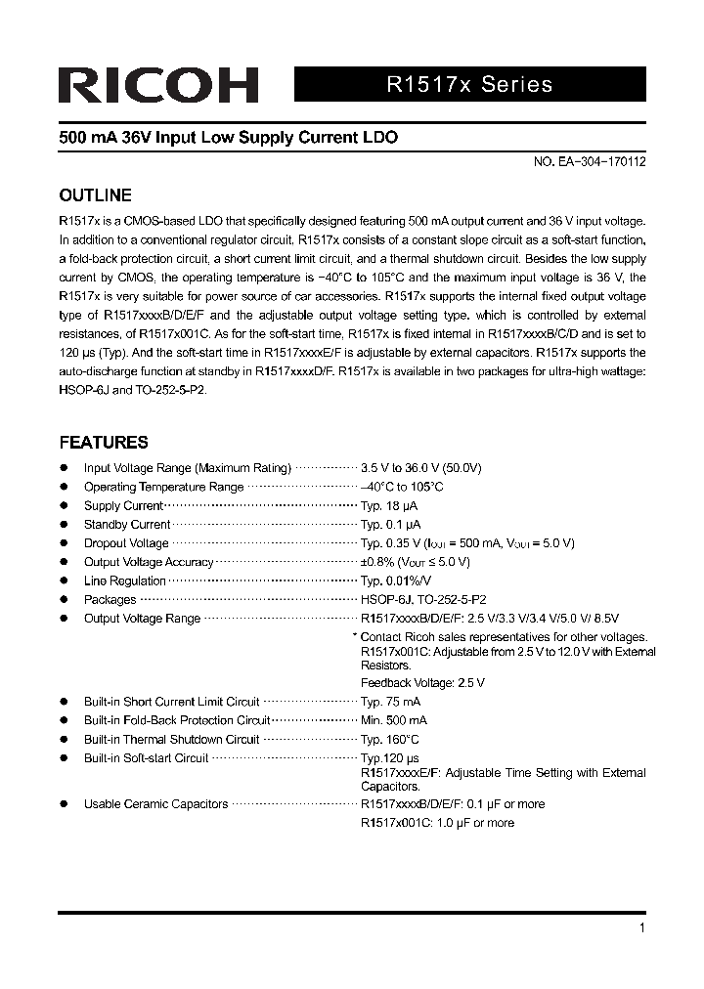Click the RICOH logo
157,85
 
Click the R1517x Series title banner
469,84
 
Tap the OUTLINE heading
95,195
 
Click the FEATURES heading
104,442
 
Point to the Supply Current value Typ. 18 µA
389,506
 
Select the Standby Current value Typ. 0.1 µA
391,525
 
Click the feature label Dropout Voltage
126,543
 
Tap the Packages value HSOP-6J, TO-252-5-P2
423,600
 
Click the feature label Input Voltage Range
188,468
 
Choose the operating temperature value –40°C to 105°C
402,487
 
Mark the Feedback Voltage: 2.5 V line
422,683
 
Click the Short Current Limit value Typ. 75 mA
391,702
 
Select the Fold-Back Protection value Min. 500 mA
394,720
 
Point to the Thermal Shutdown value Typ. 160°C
390,740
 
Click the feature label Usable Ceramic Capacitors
155,804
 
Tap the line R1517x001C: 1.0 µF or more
437,823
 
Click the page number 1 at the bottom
641,928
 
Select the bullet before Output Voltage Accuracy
64,562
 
